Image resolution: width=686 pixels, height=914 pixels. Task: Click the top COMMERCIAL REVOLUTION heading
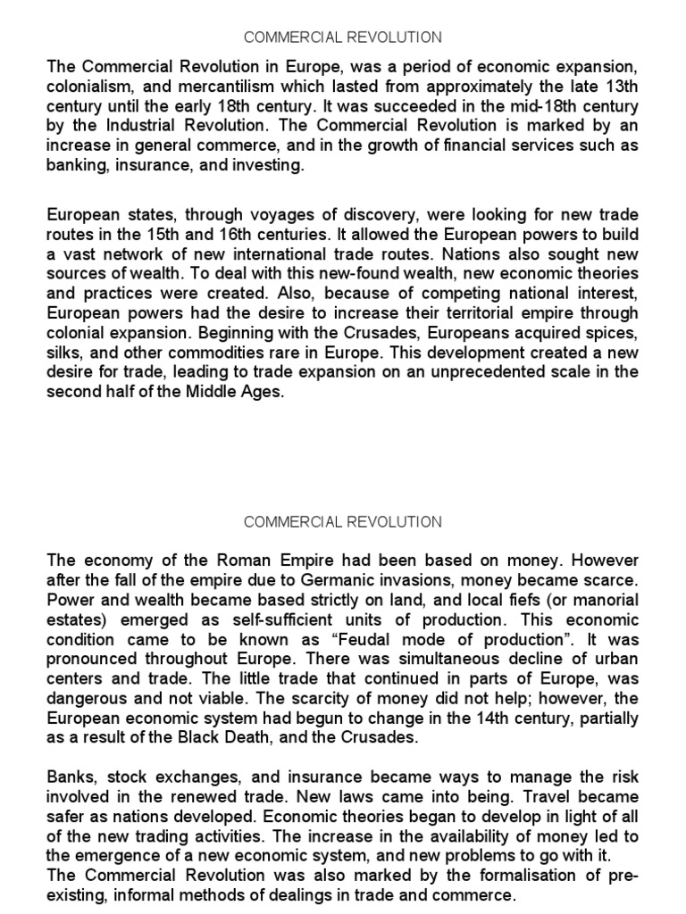(x=343, y=37)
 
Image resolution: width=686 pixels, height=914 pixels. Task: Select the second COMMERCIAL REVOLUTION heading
(x=343, y=521)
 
